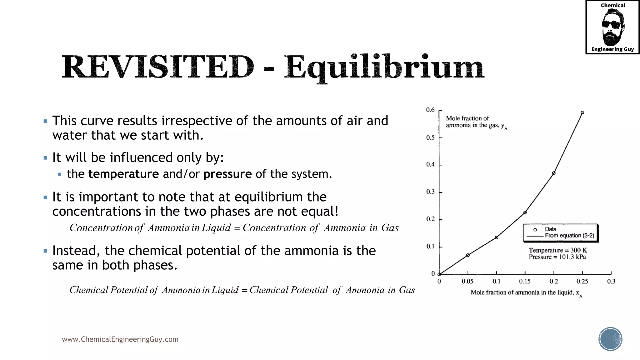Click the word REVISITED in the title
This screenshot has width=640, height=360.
tap(158, 67)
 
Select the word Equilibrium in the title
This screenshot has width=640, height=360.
tap(384, 67)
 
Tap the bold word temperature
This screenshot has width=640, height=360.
tap(123, 174)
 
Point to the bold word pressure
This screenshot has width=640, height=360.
tap(227, 174)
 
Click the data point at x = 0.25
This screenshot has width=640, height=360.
tap(582, 113)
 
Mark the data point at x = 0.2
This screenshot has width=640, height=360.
tap(554, 173)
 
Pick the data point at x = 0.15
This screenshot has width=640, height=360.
tap(525, 212)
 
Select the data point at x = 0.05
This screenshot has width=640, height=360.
tap(468, 255)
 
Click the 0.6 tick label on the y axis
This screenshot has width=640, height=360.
tap(430, 110)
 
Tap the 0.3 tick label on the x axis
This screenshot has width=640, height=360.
tap(611, 282)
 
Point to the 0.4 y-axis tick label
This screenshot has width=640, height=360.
tap(430, 165)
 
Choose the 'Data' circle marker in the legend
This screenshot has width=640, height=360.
tap(535, 230)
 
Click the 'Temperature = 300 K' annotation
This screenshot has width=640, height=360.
tap(558, 250)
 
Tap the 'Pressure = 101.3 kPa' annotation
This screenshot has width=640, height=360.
tap(557, 257)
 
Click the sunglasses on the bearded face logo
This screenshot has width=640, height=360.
tap(612, 25)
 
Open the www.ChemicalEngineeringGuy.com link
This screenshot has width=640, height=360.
tap(120, 339)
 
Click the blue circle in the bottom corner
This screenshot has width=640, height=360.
tap(610, 339)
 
